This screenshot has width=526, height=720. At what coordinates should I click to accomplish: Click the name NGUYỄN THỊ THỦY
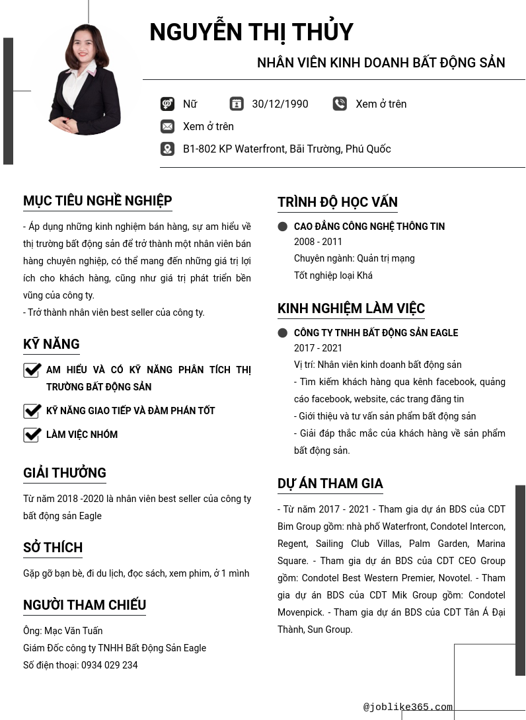(251, 32)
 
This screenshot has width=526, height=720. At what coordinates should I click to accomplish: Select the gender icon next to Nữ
(167, 104)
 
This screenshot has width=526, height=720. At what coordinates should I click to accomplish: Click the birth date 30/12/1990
(280, 104)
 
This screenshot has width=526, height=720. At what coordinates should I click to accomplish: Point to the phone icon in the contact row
(340, 104)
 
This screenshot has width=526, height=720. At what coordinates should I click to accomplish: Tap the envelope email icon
(167, 126)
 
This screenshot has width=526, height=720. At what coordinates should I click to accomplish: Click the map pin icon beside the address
(167, 149)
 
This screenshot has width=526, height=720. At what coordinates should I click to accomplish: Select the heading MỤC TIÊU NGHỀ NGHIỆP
(97, 201)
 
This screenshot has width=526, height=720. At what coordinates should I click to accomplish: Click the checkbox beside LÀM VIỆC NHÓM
(32, 435)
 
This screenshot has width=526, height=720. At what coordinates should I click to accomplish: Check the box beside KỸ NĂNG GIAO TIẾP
(32, 411)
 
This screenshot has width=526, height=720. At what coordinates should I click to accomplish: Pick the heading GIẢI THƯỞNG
(64, 473)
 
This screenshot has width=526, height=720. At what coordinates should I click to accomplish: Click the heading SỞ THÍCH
(53, 548)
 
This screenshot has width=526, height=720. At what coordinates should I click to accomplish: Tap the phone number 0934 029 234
(110, 665)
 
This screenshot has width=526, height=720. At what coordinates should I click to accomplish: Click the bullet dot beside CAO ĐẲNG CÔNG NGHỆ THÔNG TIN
(283, 227)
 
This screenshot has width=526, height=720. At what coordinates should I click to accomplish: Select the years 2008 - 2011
(318, 242)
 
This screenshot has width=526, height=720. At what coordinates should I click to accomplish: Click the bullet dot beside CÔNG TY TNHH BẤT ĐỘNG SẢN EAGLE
(283, 333)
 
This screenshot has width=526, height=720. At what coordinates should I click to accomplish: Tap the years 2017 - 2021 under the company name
(318, 348)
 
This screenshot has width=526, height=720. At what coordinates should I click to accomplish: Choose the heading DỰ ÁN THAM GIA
(330, 484)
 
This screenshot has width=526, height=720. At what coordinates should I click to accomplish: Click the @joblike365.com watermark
(408, 707)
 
